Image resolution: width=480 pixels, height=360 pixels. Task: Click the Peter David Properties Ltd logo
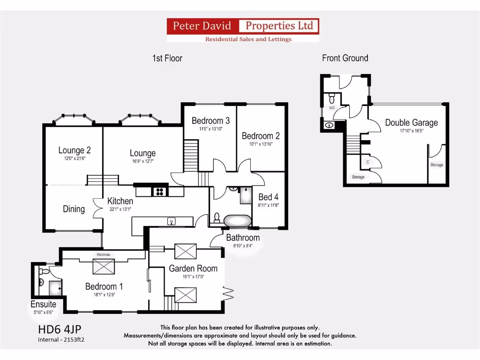pyautogui.click(x=243, y=30)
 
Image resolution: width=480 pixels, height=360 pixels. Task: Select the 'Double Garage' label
pyautogui.click(x=411, y=123)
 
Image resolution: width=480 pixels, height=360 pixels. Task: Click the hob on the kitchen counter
pyautogui.click(x=159, y=191)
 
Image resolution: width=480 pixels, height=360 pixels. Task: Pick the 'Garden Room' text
pyautogui.click(x=193, y=269)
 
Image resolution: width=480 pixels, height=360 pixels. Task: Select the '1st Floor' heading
pyautogui.click(x=167, y=58)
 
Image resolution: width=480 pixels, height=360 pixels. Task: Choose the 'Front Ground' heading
pyautogui.click(x=345, y=58)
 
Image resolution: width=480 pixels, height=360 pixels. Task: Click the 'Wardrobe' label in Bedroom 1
pyautogui.click(x=103, y=255)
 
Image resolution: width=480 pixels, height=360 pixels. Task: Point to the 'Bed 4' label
pyautogui.click(x=269, y=197)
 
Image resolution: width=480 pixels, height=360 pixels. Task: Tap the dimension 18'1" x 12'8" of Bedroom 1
pyautogui.click(x=104, y=294)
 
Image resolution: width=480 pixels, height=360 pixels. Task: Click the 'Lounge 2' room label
pyautogui.click(x=75, y=150)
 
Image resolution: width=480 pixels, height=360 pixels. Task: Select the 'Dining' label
pyautogui.click(x=74, y=209)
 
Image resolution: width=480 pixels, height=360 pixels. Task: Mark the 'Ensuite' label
pyautogui.click(x=44, y=304)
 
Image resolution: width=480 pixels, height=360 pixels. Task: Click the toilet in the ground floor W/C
pyautogui.click(x=331, y=98)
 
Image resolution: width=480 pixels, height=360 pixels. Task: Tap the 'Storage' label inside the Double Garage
pyautogui.click(x=436, y=165)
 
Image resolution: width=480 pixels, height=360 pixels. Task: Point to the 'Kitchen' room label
pyautogui.click(x=120, y=201)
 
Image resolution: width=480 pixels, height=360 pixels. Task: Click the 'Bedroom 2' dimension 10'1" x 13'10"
pyautogui.click(x=261, y=144)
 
